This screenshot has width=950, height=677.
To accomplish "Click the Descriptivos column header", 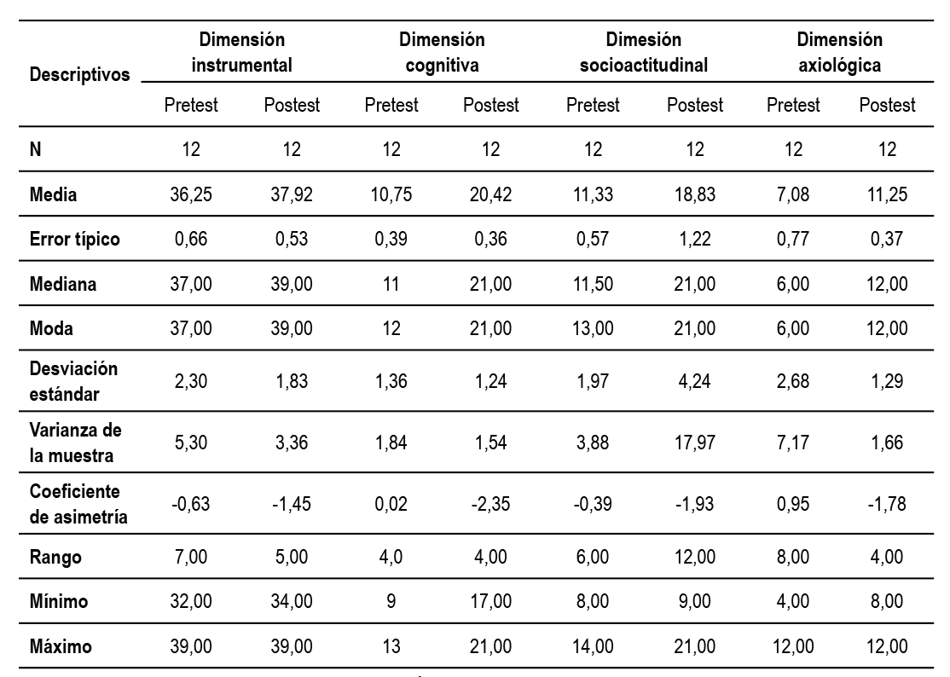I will [x=79, y=75].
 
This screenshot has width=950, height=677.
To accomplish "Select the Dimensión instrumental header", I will [x=241, y=52].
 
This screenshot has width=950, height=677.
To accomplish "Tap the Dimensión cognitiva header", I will [x=442, y=52].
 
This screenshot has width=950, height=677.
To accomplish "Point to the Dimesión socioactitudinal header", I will [x=644, y=52].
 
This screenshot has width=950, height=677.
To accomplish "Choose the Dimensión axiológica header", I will [x=840, y=52].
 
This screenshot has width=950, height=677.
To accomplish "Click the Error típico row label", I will [x=75, y=239].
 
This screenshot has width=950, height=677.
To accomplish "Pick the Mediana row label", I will [x=63, y=284].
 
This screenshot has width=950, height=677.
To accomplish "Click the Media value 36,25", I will [x=192, y=194].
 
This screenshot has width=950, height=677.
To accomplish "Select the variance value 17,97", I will [x=695, y=443].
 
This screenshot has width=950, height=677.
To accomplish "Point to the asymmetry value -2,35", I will [x=490, y=504].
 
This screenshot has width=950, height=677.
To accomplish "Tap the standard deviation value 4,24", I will [x=695, y=380].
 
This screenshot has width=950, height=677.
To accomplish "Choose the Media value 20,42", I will [x=490, y=194].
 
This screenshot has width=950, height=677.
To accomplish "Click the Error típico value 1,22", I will [x=695, y=239].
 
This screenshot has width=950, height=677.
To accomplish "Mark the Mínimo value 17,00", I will [x=490, y=602].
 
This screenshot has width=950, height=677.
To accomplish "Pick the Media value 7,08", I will [x=793, y=194].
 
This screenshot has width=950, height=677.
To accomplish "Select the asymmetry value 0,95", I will [x=793, y=504].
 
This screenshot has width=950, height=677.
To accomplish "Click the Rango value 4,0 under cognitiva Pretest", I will [x=391, y=558].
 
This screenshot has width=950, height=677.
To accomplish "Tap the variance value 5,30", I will [x=192, y=443].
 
